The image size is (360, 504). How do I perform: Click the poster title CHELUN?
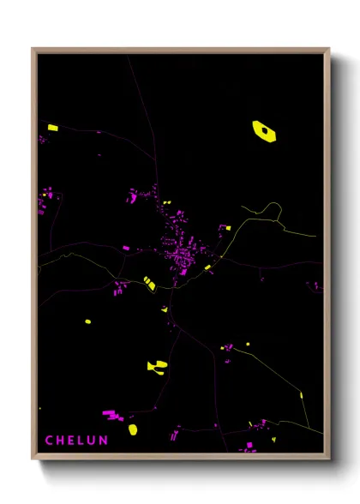click(76, 441)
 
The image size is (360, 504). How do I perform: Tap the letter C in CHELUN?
click(49, 441)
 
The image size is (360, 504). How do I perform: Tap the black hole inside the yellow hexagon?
click(265, 130)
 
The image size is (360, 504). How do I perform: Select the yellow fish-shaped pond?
click(157, 366)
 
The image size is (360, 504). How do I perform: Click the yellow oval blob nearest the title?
click(133, 429)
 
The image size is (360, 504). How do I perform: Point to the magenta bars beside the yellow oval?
click(111, 415)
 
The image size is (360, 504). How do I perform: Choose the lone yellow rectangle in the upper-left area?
click(53, 128)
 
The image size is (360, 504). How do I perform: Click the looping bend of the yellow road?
click(273, 207)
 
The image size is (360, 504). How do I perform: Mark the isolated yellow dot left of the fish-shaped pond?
click(87, 322)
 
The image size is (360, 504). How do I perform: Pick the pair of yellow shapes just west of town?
click(149, 282)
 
